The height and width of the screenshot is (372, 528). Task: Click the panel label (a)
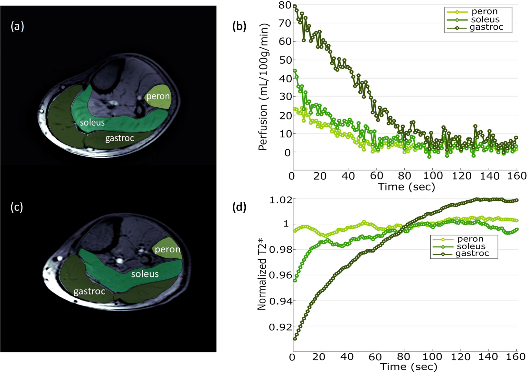click(x=17, y=27)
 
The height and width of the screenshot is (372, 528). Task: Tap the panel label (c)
click(x=17, y=207)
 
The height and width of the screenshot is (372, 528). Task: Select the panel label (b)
click(x=239, y=26)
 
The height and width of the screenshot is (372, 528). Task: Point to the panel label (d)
click(x=239, y=207)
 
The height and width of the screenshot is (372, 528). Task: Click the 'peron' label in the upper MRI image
click(x=158, y=96)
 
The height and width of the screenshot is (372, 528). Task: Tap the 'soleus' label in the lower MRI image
click(x=145, y=274)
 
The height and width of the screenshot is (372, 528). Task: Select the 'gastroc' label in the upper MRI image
click(x=119, y=138)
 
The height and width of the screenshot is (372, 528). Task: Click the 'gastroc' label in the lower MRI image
click(x=89, y=292)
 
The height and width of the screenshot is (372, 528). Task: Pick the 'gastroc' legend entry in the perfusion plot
click(x=486, y=27)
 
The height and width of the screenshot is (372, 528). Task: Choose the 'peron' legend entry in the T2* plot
click(x=470, y=239)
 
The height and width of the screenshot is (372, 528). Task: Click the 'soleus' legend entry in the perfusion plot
click(x=485, y=20)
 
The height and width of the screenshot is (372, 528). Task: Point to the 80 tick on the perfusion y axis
click(x=285, y=5)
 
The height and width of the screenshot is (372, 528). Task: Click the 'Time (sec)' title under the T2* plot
click(x=408, y=367)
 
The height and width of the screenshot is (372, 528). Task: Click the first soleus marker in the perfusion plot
click(x=295, y=71)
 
